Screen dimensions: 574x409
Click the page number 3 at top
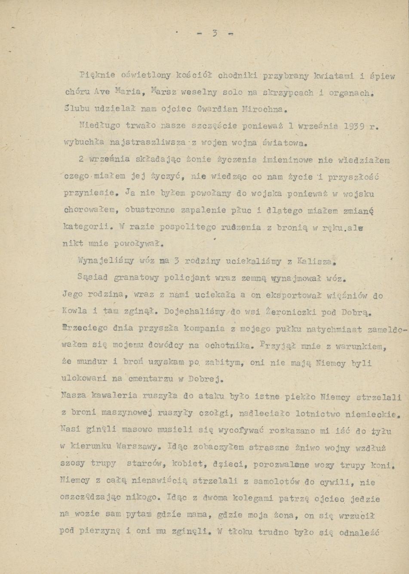point(215,34)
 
